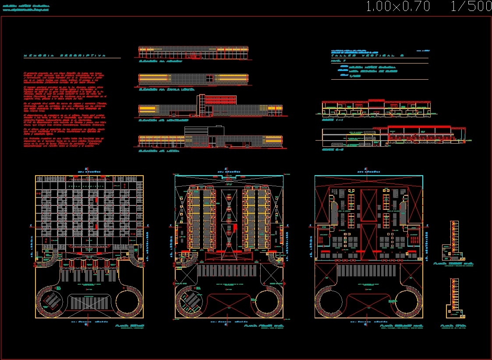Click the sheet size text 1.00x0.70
397,7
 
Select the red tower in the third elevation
201,106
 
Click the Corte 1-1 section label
328,119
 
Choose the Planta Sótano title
129,326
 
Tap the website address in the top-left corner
27,9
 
